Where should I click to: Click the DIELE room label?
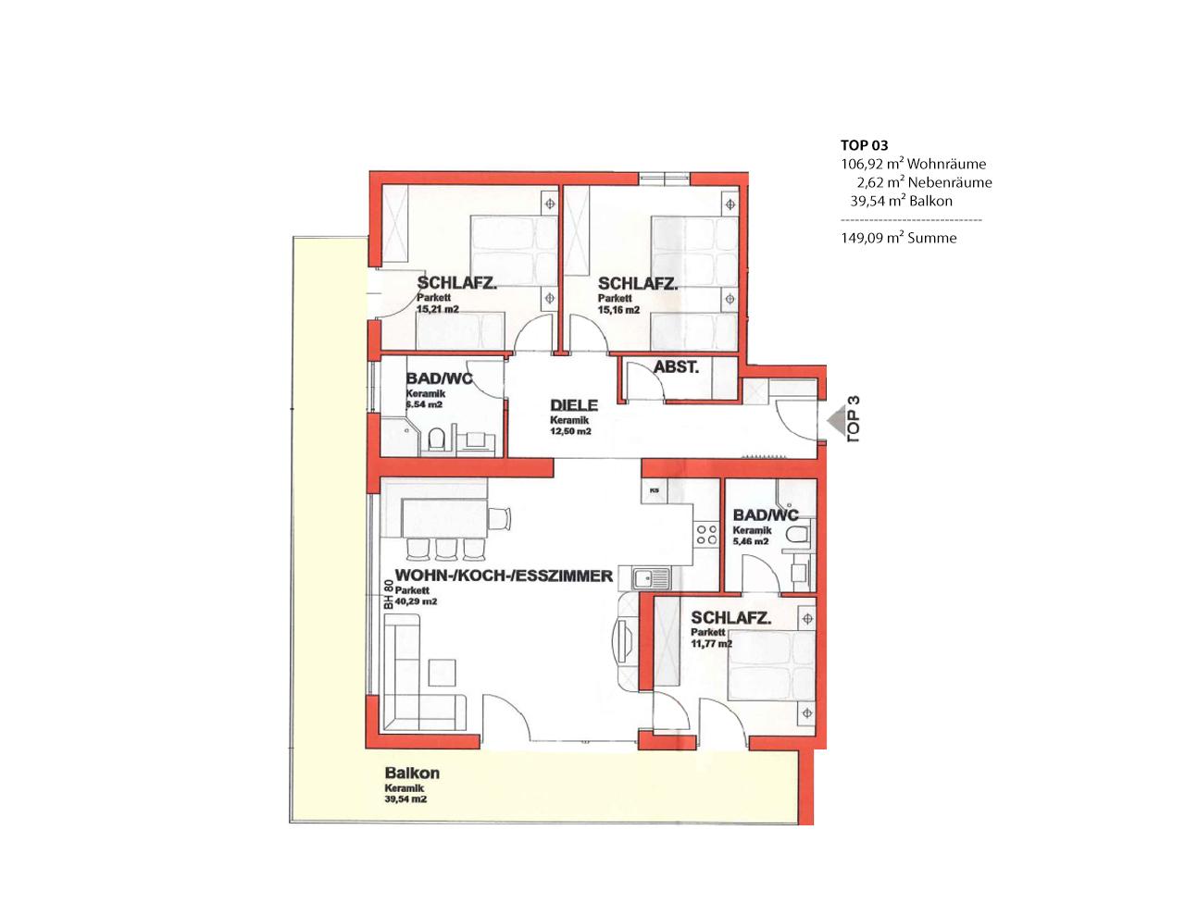click(x=574, y=405)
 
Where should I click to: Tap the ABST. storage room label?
click(x=676, y=367)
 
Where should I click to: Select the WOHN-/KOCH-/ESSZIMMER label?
click(x=504, y=576)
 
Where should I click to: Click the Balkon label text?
click(x=412, y=773)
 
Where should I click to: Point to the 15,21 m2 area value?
click(x=438, y=310)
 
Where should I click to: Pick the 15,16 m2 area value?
click(x=619, y=310)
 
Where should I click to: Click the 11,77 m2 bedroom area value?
click(x=712, y=644)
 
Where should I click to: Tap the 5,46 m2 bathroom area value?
click(x=751, y=541)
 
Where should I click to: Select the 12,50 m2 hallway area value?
click(x=570, y=431)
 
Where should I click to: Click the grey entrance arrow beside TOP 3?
click(x=835, y=421)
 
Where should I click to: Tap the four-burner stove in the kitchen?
click(x=706, y=535)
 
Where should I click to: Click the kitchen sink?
click(x=651, y=577)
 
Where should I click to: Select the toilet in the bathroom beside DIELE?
click(x=437, y=439)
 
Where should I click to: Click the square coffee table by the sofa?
click(x=442, y=673)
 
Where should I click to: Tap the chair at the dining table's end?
click(x=500, y=518)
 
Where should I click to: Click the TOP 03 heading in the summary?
click(x=865, y=145)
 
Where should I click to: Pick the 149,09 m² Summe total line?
click(x=899, y=238)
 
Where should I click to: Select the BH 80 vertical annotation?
click(x=388, y=595)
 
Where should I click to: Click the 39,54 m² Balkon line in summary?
click(x=902, y=201)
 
